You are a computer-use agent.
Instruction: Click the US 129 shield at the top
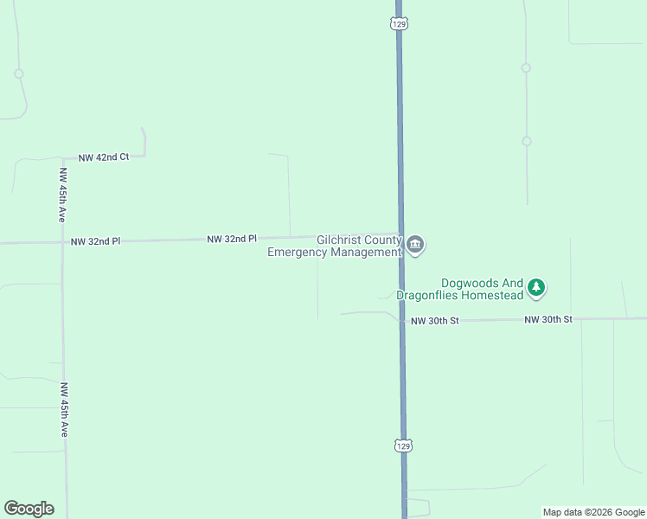click(x=398, y=24)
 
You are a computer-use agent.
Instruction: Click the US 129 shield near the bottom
click(x=402, y=445)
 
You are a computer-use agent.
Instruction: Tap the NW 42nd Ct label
click(x=103, y=157)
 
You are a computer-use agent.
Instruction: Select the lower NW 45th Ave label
click(x=64, y=409)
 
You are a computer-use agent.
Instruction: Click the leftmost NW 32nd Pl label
click(x=95, y=241)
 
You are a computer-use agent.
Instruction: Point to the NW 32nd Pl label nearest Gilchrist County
click(x=232, y=238)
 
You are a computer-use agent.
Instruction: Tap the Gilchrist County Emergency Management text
click(x=336, y=247)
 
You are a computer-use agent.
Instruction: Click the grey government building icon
click(x=415, y=246)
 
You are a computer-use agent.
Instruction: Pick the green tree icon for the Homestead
click(x=536, y=287)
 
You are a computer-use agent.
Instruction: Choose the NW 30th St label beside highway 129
click(x=434, y=321)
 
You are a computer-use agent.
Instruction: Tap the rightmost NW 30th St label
click(x=548, y=320)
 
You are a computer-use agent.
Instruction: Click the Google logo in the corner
click(x=29, y=509)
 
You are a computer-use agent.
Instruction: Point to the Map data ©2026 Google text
click(x=593, y=512)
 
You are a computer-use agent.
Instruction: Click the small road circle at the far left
click(x=18, y=74)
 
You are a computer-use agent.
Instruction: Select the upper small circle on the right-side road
click(x=526, y=67)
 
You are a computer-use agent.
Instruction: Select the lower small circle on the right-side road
click(x=526, y=141)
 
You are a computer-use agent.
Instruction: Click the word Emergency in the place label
click(x=299, y=253)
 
